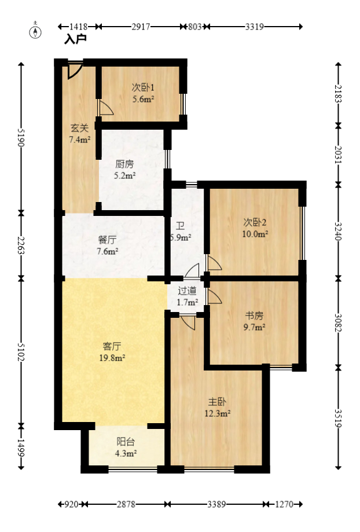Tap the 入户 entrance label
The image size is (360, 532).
75,39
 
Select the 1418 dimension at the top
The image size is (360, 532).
78,27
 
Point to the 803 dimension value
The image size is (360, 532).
195,27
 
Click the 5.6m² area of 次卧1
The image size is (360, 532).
143,100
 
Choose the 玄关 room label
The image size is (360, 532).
79,128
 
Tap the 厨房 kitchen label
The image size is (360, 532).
124,164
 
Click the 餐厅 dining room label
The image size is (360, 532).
107,240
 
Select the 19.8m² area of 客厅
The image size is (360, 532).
112,358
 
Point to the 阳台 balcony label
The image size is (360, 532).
126,442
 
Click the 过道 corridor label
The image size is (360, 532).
187,291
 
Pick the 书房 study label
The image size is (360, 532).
254,316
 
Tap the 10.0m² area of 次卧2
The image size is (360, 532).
255,234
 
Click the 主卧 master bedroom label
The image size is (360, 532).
217,402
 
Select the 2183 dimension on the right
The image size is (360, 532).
338,94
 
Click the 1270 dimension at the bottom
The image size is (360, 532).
284,504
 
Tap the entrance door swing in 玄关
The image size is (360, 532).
75,71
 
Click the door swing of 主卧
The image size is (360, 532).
188,322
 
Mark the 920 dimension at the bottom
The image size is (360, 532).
72,504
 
